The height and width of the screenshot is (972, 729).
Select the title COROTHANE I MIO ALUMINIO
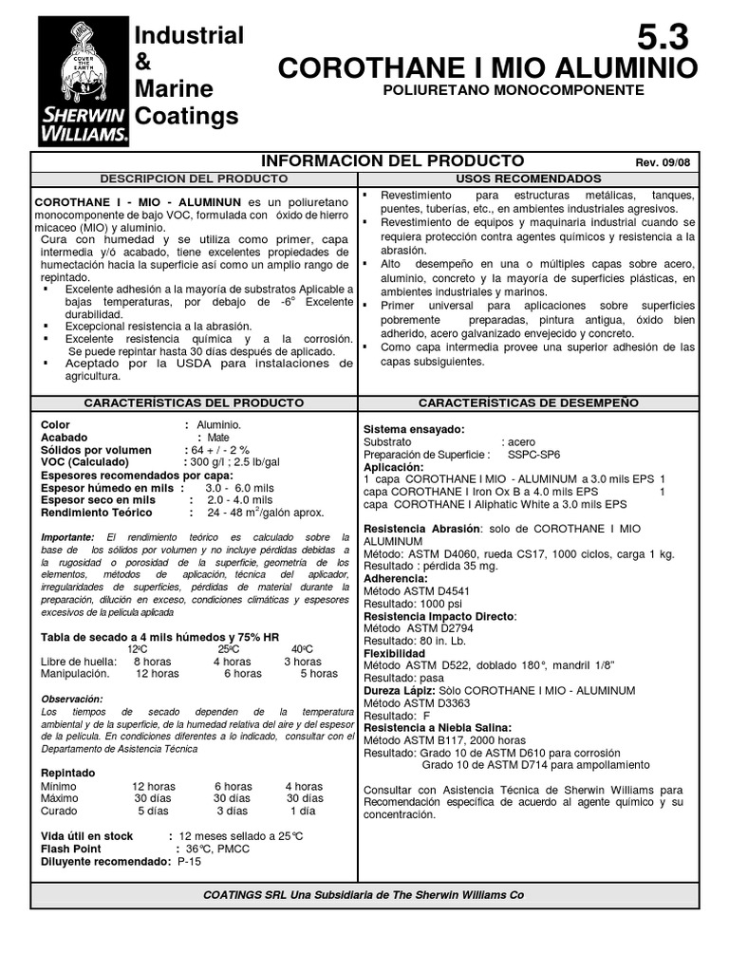(x=487, y=67)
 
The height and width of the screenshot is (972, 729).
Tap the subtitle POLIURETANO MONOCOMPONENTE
(x=513, y=90)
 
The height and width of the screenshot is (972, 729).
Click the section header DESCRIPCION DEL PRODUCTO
(x=194, y=178)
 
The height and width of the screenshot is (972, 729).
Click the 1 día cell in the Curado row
(x=303, y=811)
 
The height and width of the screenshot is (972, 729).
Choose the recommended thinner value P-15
(x=191, y=861)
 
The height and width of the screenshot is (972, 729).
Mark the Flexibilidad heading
(x=394, y=653)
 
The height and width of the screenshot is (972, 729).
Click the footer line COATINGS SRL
(x=364, y=894)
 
